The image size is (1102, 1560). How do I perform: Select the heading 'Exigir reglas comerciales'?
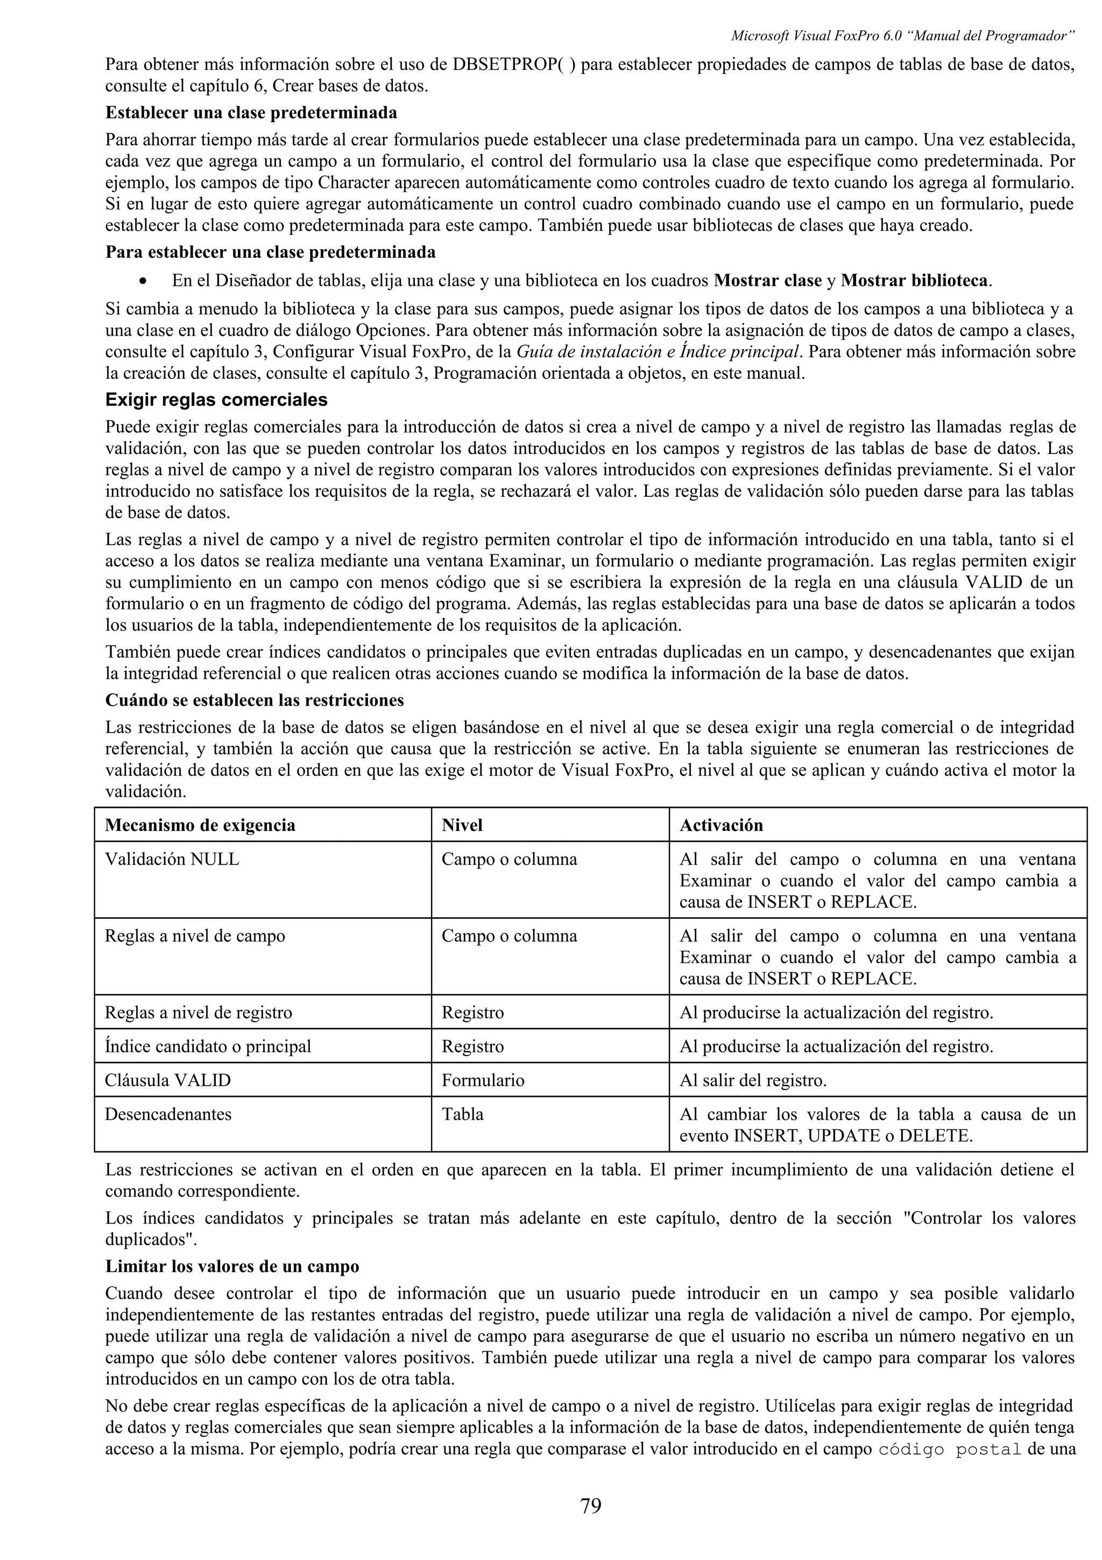click(216, 399)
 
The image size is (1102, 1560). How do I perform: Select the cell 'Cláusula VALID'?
click(168, 1080)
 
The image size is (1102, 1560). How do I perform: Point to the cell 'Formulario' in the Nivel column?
click(483, 1080)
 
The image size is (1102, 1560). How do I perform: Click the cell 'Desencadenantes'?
click(168, 1114)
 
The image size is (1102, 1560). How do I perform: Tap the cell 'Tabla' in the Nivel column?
click(462, 1114)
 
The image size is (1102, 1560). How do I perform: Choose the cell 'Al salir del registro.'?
click(753, 1080)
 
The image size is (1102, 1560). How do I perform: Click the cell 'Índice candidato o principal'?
click(208, 1046)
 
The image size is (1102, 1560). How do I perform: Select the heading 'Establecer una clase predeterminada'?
click(251, 111)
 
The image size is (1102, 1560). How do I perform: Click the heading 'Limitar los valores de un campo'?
click(232, 1267)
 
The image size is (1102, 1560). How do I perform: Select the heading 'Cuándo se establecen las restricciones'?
click(255, 700)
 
